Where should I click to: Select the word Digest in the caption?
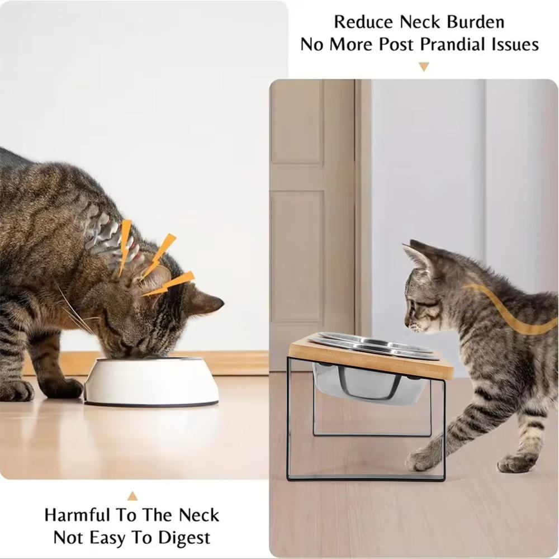[184, 538]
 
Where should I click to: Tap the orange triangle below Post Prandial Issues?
[424, 67]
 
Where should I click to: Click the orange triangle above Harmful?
[132, 496]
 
